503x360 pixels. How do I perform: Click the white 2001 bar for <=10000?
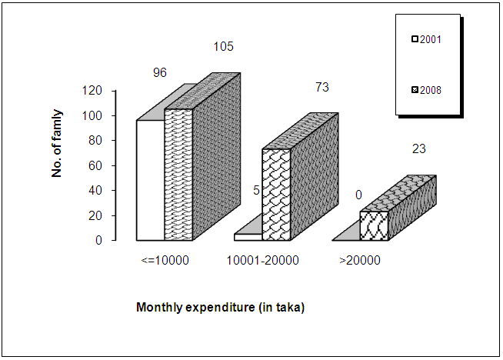click(x=150, y=180)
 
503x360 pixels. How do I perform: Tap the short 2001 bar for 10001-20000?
click(x=248, y=237)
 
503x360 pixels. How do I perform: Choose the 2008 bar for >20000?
click(x=374, y=225)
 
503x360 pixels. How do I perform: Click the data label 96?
click(x=160, y=73)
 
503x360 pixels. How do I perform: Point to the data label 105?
click(x=223, y=47)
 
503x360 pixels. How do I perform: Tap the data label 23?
click(x=419, y=148)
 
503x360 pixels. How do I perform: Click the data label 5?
click(x=256, y=189)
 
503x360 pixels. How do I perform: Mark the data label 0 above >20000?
click(x=358, y=195)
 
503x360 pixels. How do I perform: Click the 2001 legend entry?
click(x=426, y=38)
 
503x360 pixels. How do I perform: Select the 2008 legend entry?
click(x=426, y=90)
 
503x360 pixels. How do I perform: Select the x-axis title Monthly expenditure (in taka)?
click(x=221, y=308)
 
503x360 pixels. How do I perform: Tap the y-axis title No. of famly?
click(x=57, y=143)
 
